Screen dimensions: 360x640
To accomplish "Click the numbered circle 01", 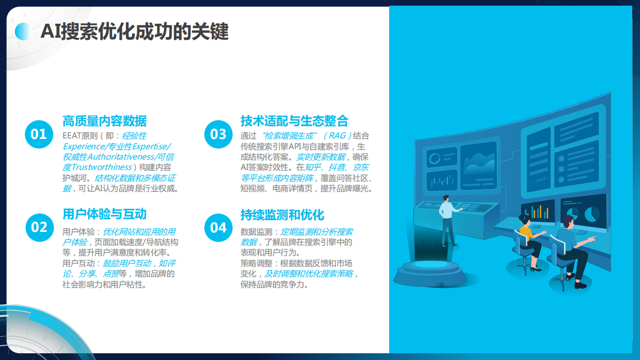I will coord(39,134).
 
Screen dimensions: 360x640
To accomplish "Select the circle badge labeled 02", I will coord(39,227).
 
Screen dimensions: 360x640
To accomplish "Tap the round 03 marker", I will coord(218,134).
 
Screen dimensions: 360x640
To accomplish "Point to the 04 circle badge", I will coord(218,227).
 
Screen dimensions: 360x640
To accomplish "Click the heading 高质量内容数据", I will coord(104,121).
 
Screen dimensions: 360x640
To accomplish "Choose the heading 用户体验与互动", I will coord(104,214).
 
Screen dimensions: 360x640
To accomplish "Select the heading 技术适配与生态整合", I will coord(294,121).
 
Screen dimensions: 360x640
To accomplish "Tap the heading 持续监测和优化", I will coord(282,214).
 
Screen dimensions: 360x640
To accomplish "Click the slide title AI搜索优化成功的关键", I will coord(134,32).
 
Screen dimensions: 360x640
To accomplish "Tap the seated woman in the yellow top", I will coord(529,243).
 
